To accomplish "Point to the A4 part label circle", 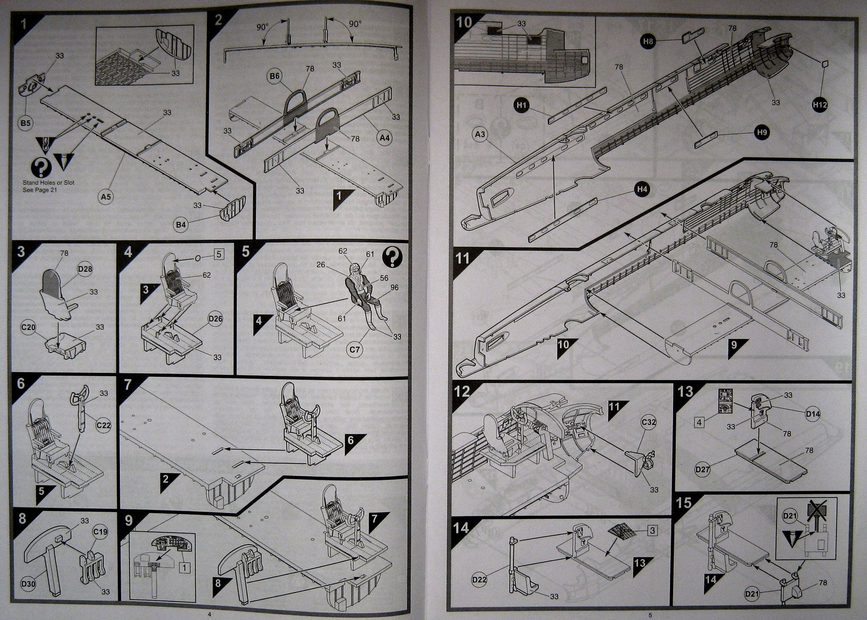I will click(384, 138).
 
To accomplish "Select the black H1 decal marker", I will click(521, 106).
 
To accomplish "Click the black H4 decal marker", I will click(642, 189).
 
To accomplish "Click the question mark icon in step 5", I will click(392, 257).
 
